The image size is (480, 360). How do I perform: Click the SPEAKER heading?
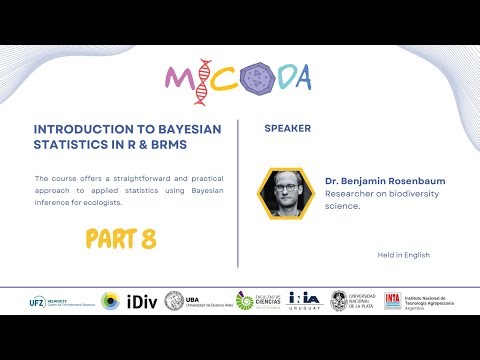[287, 129]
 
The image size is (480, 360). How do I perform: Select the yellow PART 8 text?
[120, 239]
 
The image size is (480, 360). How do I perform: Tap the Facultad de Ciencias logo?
[258, 300]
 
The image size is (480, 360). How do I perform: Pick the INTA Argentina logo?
[418, 300]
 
